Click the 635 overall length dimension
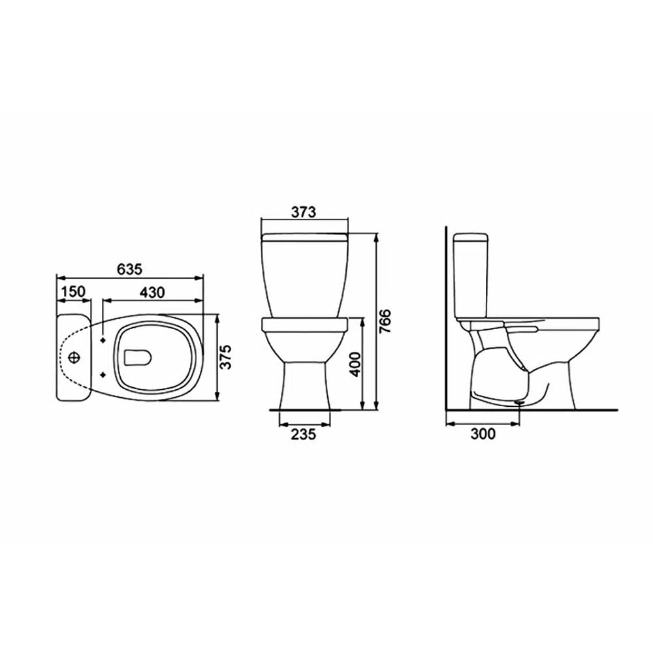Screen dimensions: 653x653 (129, 268)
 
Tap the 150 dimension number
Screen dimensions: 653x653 (73, 291)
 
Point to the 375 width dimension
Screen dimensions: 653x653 (225, 357)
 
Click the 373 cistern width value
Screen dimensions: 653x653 (304, 212)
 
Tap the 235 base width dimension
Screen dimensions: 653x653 (304, 434)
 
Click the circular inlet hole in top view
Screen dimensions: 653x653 (76, 358)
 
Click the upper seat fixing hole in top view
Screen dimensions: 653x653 (103, 341)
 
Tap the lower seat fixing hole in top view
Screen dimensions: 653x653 (103, 374)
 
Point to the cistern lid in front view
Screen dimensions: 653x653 (304, 233)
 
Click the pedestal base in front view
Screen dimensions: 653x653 (304, 389)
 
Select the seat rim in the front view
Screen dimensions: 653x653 (304, 324)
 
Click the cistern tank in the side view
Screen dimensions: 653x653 (470, 274)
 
